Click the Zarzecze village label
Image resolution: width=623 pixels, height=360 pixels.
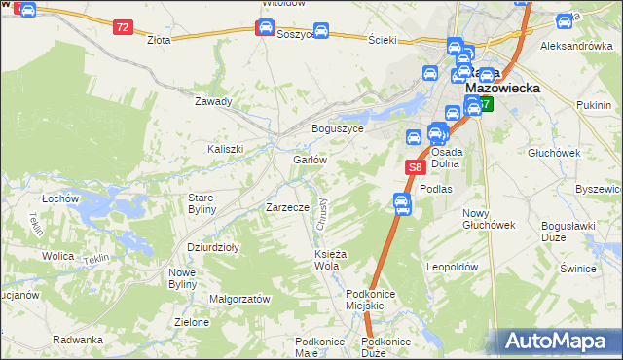point(287,207)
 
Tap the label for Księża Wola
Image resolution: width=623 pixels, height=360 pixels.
point(326,260)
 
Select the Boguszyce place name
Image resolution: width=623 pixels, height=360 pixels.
point(337,128)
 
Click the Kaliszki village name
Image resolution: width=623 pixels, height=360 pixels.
point(225,149)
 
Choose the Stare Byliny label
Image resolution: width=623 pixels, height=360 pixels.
point(207,203)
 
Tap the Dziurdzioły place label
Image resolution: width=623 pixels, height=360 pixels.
point(213,247)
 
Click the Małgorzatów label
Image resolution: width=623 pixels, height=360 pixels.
point(239,300)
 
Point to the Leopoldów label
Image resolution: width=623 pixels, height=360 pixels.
point(453,266)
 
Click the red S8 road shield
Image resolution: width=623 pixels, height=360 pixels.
point(414,167)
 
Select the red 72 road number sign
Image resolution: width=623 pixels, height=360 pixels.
point(122,27)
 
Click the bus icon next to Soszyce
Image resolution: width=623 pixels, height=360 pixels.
point(320,30)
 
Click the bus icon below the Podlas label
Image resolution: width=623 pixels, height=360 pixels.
point(401,202)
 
